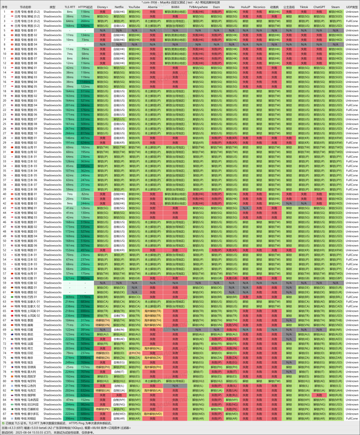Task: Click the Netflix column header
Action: pyautogui.click(x=119, y=7)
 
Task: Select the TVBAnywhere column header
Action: pyautogui.click(x=198, y=7)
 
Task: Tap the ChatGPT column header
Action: pyautogui.click(x=319, y=7)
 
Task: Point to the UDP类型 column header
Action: pyautogui.click(x=352, y=7)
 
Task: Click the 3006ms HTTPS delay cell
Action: pyautogui.click(x=85, y=358)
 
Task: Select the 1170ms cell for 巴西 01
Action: pyautogui.click(x=85, y=297)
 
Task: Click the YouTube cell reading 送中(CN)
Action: pyautogui.click(x=134, y=353)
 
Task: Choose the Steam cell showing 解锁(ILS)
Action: pyautogui.click(x=336, y=386)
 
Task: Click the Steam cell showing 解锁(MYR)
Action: pyautogui.click(x=336, y=400)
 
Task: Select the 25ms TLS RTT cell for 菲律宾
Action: pyautogui.click(x=70, y=367)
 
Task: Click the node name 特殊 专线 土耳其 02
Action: pyautogui.click(x=27, y=316)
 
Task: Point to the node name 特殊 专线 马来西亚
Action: pyautogui.click(x=28, y=400)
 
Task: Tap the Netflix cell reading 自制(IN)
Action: pyautogui.click(x=119, y=330)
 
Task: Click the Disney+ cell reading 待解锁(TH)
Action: pyautogui.click(x=102, y=320)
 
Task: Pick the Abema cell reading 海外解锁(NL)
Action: pyautogui.click(x=153, y=348)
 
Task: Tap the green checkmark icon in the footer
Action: pyautogui.click(x=3, y=423)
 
